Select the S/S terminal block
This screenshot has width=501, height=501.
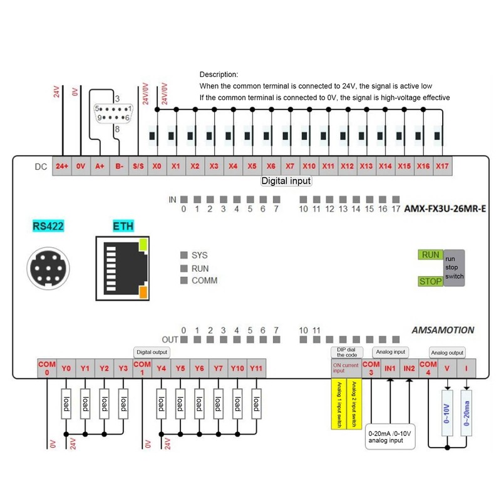coord(138,167)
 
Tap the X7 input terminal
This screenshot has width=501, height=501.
coord(290,167)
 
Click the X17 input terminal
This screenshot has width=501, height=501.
coord(442,167)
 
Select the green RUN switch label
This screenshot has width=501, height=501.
coord(430,255)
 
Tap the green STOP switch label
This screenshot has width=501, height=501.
coord(430,281)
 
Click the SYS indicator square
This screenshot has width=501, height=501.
coord(184,256)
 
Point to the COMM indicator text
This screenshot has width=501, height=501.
coord(204,281)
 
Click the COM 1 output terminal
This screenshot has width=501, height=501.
coord(143,368)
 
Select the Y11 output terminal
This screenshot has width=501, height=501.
coord(257,368)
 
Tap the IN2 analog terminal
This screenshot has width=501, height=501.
coord(409,368)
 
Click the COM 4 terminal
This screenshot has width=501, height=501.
coord(428,368)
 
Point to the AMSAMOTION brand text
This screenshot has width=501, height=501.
coord(443,330)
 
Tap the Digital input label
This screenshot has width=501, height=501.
coord(286,181)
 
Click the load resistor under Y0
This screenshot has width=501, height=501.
coord(66,405)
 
